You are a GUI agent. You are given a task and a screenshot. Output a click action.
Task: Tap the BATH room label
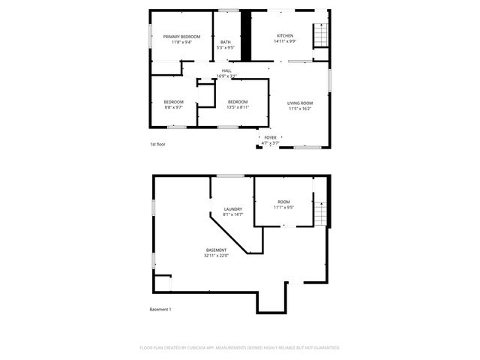[225, 42]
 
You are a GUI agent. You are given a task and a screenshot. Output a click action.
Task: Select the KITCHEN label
[284, 36]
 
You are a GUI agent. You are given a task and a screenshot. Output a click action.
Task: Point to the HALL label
[226, 70]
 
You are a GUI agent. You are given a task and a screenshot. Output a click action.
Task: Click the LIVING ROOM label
[300, 103]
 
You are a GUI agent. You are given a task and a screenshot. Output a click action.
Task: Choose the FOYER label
[270, 137]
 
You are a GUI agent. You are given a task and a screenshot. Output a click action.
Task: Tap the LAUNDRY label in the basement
[233, 209]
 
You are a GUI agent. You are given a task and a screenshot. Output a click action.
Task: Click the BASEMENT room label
[216, 250]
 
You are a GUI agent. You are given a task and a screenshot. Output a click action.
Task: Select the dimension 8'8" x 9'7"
[174, 107]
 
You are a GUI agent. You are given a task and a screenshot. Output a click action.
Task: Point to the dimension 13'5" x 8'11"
[237, 107]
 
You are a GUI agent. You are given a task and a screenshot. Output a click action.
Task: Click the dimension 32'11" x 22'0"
[216, 256]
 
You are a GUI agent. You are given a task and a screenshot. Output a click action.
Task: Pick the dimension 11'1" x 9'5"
[283, 208]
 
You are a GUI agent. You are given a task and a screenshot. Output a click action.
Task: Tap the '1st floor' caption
[157, 143]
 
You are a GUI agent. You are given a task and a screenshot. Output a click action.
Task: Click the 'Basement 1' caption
[160, 309]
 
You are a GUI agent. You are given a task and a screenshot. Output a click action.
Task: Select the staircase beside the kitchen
[320, 34]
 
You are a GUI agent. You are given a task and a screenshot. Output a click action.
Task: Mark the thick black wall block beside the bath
[244, 37]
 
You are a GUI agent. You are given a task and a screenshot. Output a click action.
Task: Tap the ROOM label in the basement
[283, 202]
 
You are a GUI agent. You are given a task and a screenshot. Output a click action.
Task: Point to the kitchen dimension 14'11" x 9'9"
[284, 42]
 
